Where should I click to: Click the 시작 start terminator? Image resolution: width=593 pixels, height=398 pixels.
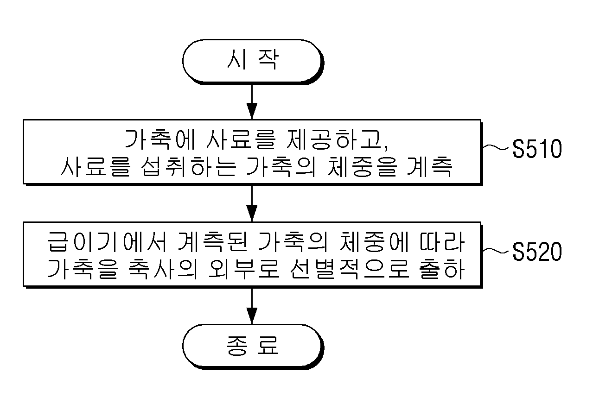[253, 62]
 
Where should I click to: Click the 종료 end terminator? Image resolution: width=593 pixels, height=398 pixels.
[253, 347]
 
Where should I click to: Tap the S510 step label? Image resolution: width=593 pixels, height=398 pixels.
[537, 149]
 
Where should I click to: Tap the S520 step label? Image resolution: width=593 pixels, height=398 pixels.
[537, 252]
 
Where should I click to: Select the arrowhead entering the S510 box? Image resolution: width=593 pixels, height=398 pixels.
[252, 111]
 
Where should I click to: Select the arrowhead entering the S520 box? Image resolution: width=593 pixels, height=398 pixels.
[252, 214]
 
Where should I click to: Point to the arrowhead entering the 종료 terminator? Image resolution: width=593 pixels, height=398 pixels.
[252, 316]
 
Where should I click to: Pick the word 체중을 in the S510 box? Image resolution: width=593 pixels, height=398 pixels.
[363, 167]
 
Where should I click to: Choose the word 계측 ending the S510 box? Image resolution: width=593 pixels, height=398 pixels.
[429, 167]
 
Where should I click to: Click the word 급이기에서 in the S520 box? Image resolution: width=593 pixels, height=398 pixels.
[107, 242]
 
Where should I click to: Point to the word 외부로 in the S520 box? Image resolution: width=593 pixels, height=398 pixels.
[244, 269]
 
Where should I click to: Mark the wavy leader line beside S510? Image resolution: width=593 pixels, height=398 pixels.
[496, 147]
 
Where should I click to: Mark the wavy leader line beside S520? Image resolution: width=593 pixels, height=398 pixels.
[496, 250]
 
